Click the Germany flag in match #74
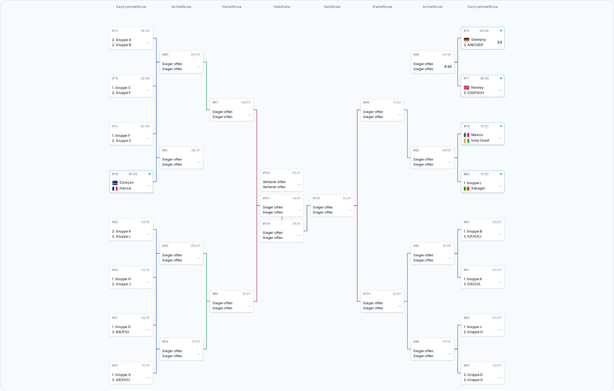point(466,40)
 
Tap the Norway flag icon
point(466,88)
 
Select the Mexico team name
point(477,135)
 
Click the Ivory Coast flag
point(466,141)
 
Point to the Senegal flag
point(466,189)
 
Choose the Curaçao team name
point(127,183)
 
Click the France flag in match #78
point(115,189)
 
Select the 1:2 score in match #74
point(499,42)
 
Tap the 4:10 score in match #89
point(448,67)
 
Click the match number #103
point(266,173)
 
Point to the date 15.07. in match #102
point(347,198)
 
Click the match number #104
point(266,224)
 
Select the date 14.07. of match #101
point(296,198)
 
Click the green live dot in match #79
point(501,126)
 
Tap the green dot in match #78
point(150,174)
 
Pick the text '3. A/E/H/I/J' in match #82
point(121,380)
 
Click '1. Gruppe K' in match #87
point(473,279)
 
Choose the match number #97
point(215,103)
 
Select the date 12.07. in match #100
point(397,294)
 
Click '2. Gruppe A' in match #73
point(121,40)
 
